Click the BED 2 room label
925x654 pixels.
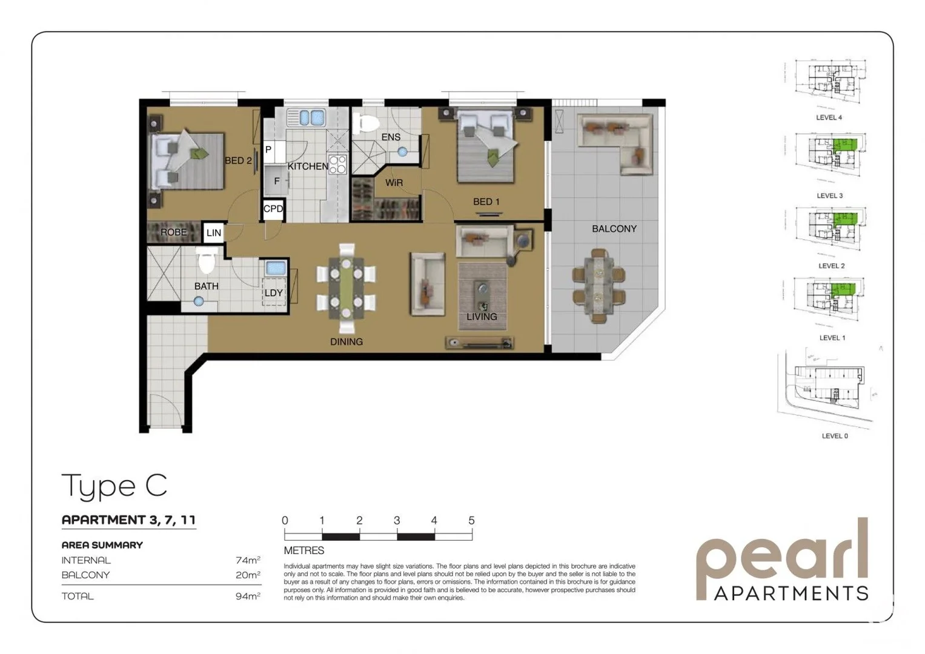(238, 160)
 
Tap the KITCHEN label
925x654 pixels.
(308, 167)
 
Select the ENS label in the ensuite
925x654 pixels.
(391, 137)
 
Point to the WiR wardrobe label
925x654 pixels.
(394, 183)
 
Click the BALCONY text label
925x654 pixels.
(614, 229)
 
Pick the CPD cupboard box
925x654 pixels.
(273, 209)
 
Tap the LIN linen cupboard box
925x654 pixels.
(213, 233)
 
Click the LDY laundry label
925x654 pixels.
(273, 293)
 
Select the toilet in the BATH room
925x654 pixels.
(207, 261)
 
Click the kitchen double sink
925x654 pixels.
(306, 117)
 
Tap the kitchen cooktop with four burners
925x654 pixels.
(337, 165)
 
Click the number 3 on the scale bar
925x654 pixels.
(397, 521)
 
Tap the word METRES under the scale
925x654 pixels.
(304, 550)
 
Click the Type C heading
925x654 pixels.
(114, 486)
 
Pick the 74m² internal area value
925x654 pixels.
(248, 560)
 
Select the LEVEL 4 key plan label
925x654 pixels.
(829, 117)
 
